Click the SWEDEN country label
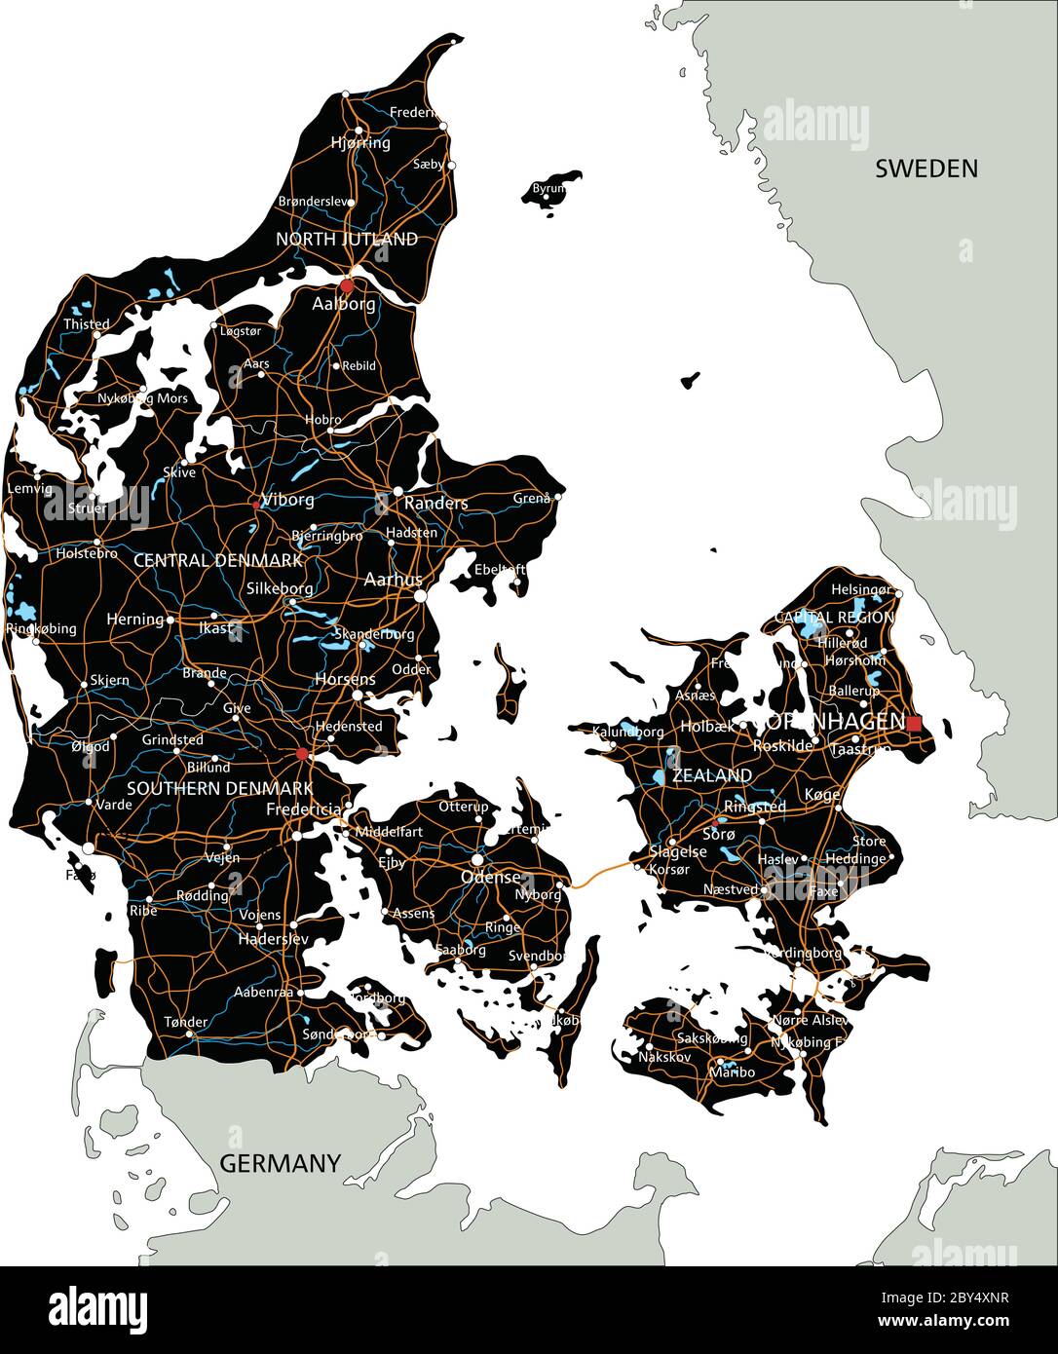pyautogui.click(x=926, y=169)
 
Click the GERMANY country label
pyautogui.click(x=280, y=1163)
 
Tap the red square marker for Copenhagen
pyautogui.click(x=914, y=723)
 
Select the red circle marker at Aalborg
pyautogui.click(x=347, y=285)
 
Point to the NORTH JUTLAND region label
pyautogui.click(x=347, y=239)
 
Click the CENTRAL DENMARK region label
pyautogui.click(x=217, y=560)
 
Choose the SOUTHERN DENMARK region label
pyautogui.click(x=219, y=788)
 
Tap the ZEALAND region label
pyautogui.click(x=712, y=775)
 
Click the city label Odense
pyautogui.click(x=491, y=877)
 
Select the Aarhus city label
pyautogui.click(x=393, y=579)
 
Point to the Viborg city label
pyautogui.click(x=289, y=500)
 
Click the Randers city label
pyautogui.click(x=435, y=503)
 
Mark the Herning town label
pyautogui.click(x=134, y=619)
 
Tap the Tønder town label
pyautogui.click(x=185, y=1022)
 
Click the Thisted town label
pyautogui.click(x=86, y=323)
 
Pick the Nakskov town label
pyautogui.click(x=664, y=1056)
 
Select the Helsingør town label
pyautogui.click(x=860, y=589)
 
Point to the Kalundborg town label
pyautogui.click(x=626, y=730)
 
